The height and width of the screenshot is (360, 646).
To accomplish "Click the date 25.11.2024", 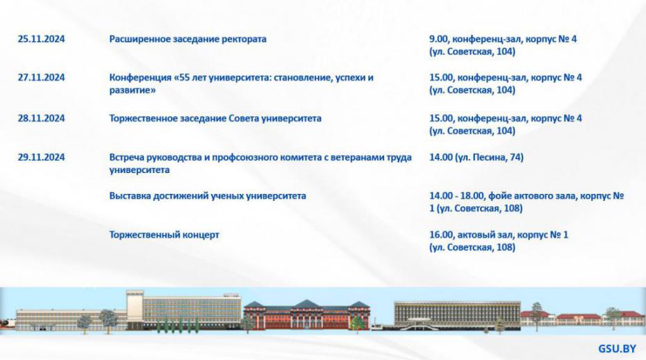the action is click(x=41, y=39).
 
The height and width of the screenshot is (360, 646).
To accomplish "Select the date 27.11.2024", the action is click(x=41, y=78).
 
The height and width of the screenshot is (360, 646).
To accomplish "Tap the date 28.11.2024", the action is click(x=41, y=118).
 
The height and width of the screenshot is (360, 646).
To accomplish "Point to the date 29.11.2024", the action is click(x=41, y=158).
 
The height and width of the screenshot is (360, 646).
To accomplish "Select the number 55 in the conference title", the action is click(x=185, y=78).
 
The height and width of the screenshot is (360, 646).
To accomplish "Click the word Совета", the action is click(x=244, y=118).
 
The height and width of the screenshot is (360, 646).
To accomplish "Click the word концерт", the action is click(x=201, y=236).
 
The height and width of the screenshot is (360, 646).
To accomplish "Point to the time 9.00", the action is click(x=439, y=40).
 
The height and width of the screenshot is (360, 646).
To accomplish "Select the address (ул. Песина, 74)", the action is click(x=489, y=158).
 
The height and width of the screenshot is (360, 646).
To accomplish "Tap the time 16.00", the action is click(x=442, y=236).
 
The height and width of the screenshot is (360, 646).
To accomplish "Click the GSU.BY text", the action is click(x=617, y=349).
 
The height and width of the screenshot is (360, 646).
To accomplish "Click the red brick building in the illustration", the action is click(x=306, y=315).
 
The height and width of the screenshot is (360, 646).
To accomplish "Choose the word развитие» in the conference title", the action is click(x=133, y=91).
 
